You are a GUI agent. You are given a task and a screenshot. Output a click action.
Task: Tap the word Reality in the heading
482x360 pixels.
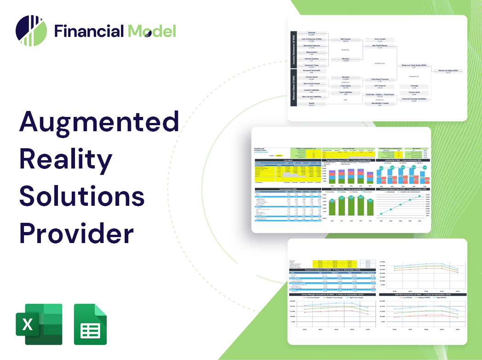tap(65, 160)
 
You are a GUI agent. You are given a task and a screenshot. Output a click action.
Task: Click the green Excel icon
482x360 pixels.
tap(39, 324)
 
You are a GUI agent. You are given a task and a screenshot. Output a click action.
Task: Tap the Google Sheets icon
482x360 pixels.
tap(90, 324)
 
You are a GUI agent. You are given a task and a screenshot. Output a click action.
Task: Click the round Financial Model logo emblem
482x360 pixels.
tap(31, 31)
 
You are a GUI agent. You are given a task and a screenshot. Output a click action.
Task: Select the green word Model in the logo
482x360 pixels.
tap(152, 31)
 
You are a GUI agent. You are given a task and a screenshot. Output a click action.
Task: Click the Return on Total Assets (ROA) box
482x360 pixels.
tap(413, 66)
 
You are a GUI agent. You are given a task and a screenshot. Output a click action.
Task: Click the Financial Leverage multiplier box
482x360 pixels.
tap(413, 99)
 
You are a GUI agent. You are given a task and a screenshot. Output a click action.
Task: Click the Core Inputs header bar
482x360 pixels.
tap(287, 160)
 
